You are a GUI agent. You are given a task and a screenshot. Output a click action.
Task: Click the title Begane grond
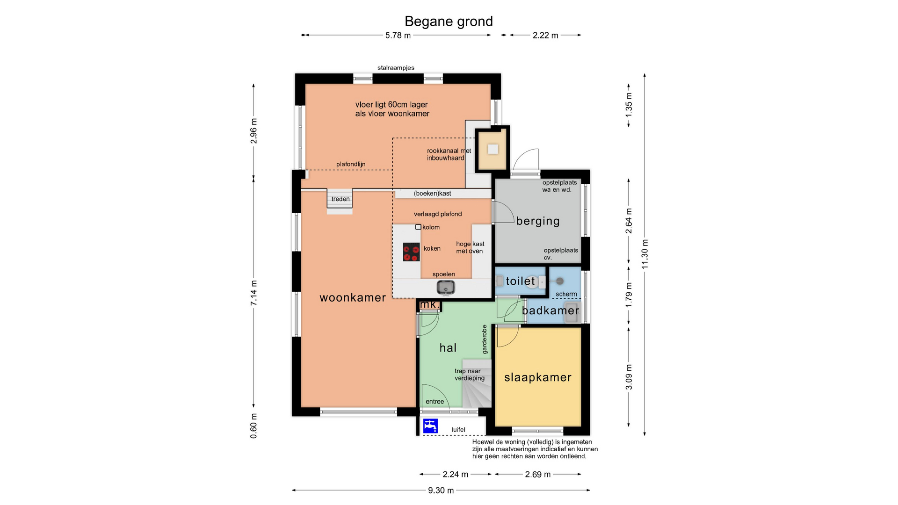point(449,22)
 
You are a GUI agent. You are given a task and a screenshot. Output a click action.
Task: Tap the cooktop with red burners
point(412,252)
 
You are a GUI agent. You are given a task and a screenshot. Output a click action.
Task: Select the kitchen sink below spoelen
point(446,287)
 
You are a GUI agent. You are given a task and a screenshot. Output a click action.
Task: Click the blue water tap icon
point(430,426)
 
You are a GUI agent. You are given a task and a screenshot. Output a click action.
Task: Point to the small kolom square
point(418,227)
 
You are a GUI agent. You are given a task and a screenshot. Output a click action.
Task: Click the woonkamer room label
point(353,298)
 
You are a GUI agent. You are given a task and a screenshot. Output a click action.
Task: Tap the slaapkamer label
point(538,377)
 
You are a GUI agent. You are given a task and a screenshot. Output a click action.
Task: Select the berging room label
point(538,221)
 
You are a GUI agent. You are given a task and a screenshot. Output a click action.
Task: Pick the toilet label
point(520,281)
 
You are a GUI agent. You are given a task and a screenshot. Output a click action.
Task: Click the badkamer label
point(550,310)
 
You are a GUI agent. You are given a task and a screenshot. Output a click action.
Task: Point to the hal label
point(448,348)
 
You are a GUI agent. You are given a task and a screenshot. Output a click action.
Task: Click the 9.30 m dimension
point(441,491)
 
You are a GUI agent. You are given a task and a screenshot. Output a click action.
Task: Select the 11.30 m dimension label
point(645,254)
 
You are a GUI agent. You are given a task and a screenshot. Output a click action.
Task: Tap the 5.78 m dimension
point(398,36)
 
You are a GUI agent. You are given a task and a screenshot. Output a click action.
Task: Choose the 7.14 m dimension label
point(254,293)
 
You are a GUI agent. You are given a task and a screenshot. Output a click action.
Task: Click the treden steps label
point(340,199)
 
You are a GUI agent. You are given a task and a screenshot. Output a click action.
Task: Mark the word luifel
point(458,430)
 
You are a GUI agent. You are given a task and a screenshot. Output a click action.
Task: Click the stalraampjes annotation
point(396,68)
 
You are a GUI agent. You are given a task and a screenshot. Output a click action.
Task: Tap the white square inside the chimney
point(493,150)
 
